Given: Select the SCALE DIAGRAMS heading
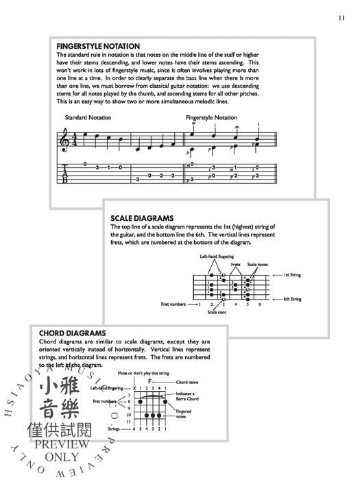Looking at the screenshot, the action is (x=145, y=219).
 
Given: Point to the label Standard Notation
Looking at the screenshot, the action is (x=88, y=118).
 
